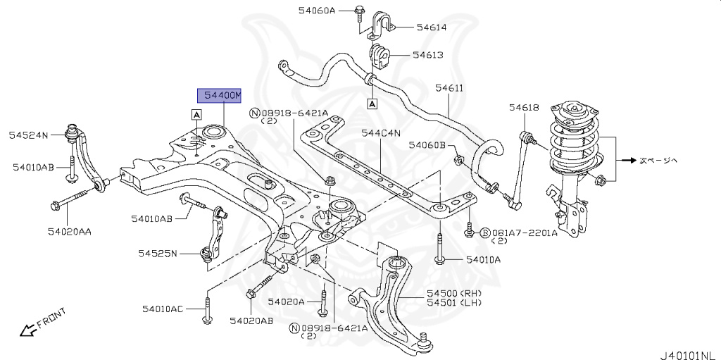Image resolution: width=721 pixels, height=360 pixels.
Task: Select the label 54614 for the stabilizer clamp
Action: point(431,27)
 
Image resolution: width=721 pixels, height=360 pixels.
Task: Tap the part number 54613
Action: point(427,54)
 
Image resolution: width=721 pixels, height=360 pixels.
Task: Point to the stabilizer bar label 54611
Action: point(449,88)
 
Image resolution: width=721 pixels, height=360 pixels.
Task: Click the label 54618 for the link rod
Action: point(524,107)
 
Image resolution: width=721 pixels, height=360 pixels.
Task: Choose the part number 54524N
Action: point(29,134)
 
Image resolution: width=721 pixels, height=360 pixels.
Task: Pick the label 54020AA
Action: point(70,231)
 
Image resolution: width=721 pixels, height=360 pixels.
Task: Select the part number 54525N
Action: point(158,253)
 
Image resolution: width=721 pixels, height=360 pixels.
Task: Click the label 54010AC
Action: point(162,309)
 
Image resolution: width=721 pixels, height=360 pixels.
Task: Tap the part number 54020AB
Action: point(251,321)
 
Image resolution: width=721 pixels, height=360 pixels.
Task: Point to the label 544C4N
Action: point(381,132)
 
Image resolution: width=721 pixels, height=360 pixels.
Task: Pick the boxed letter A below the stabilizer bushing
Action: point(371,104)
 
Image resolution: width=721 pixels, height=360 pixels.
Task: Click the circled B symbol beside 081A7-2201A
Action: point(485,232)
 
